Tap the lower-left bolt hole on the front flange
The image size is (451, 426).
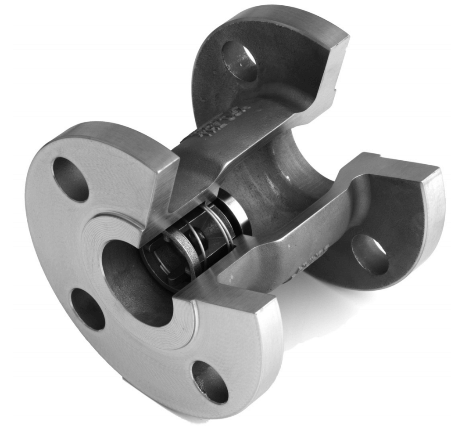tap(88, 309)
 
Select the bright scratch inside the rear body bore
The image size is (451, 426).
tap(287, 178)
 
